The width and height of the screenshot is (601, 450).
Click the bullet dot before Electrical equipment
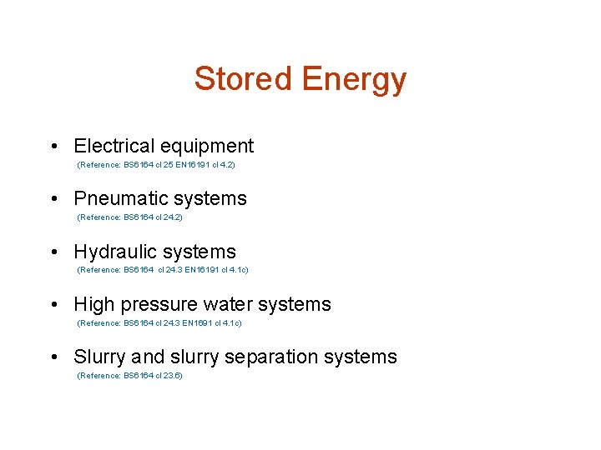53,147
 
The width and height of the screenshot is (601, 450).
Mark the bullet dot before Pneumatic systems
53,200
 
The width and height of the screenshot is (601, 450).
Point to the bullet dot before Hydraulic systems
53,253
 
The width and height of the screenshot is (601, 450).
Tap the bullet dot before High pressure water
53,306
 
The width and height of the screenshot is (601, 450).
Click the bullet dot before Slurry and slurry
53,358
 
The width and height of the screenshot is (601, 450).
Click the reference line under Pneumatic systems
129,217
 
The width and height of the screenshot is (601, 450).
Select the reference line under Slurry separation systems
129,376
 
